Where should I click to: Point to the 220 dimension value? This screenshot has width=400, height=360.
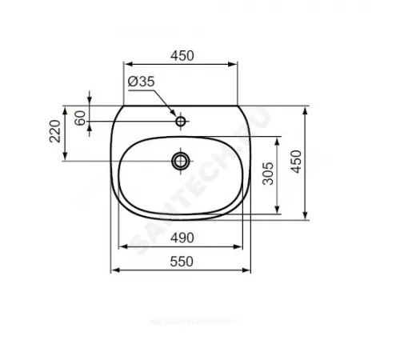coord(54,131)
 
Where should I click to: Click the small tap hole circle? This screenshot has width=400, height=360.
coord(182,122)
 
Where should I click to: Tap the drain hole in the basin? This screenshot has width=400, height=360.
coord(181,161)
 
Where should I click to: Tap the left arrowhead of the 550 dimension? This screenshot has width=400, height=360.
coord(113,270)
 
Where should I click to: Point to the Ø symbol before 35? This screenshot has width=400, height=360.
coord(130,82)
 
